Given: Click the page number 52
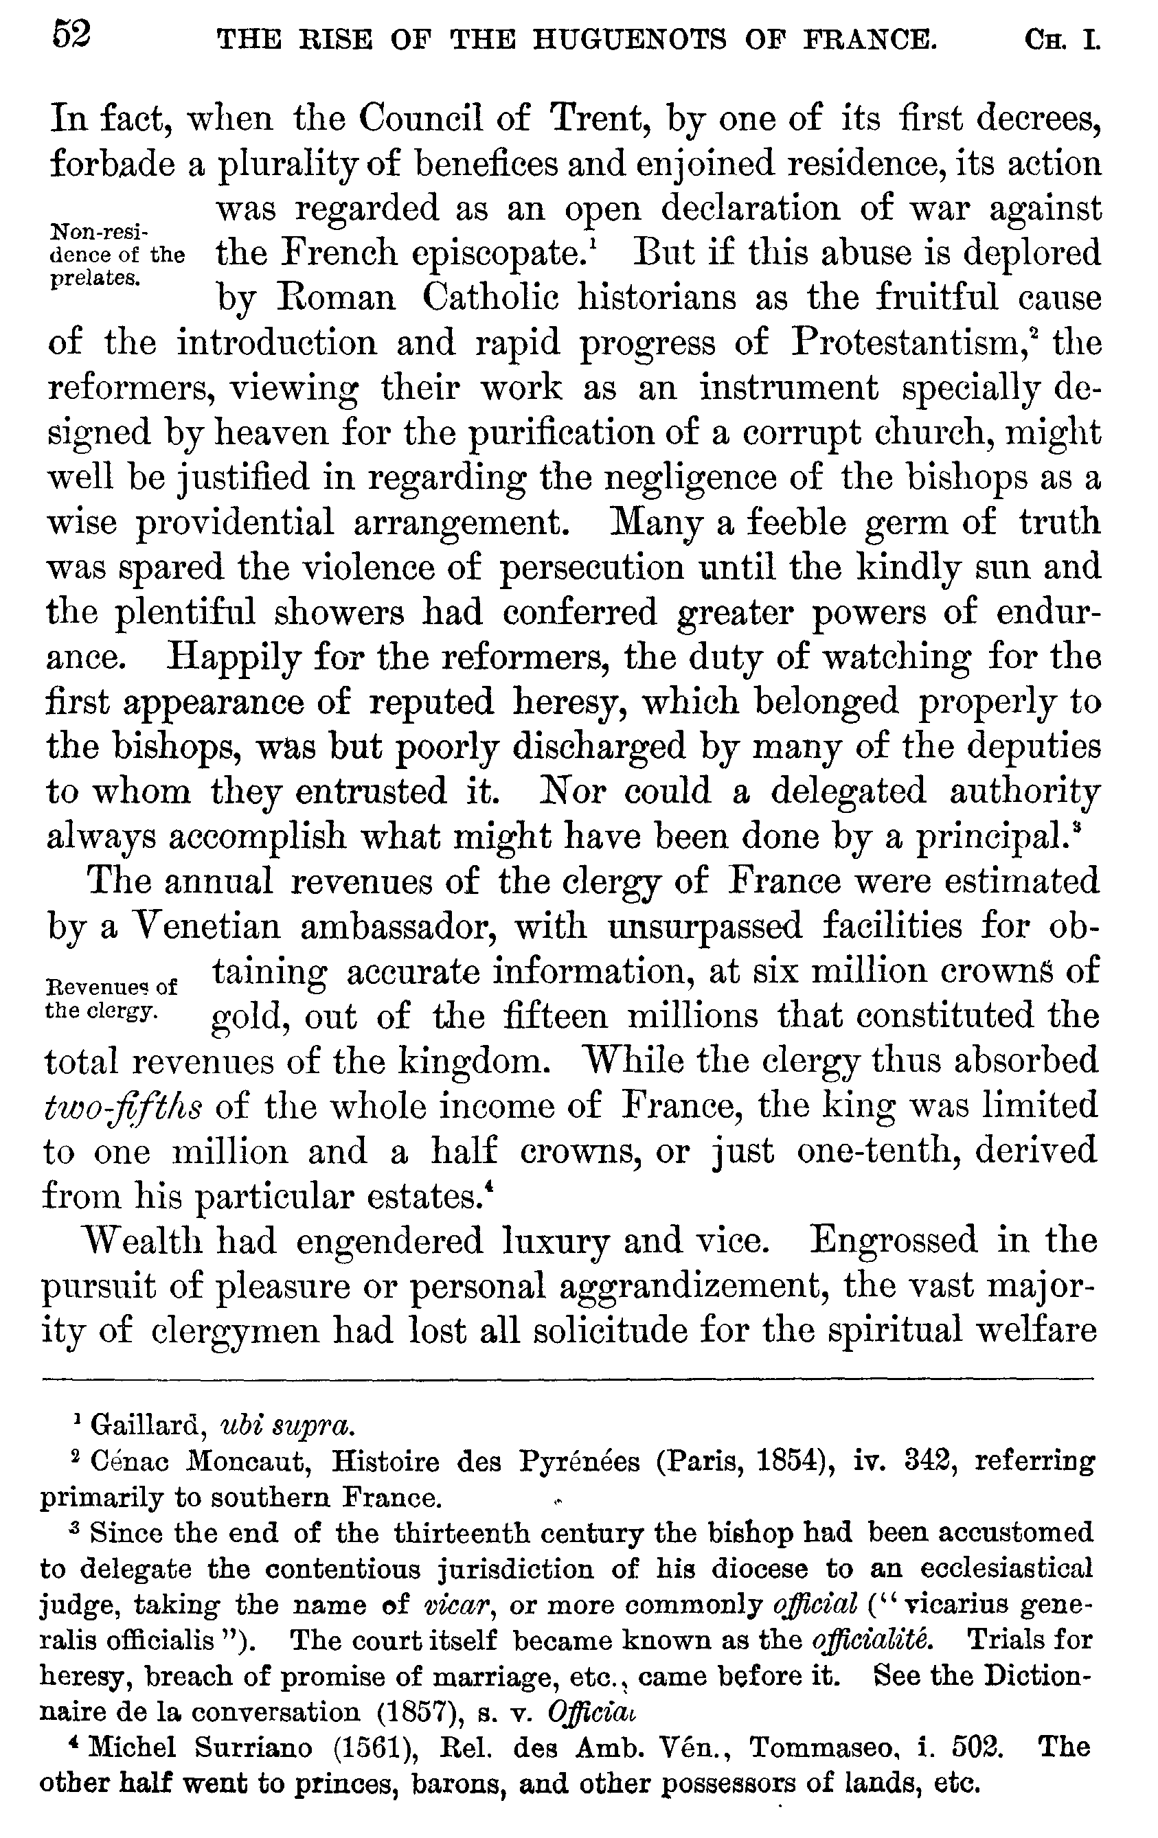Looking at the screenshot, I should pos(71,36).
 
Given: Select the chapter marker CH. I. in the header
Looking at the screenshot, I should pos(1063,39).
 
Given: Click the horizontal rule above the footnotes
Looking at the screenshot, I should pos(568,1378).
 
